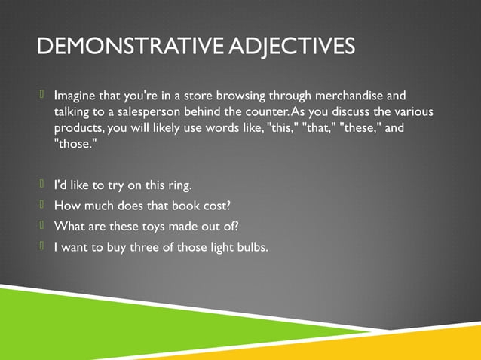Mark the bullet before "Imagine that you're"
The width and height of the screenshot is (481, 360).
click(44, 96)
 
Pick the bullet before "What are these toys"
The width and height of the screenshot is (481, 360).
click(44, 224)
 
